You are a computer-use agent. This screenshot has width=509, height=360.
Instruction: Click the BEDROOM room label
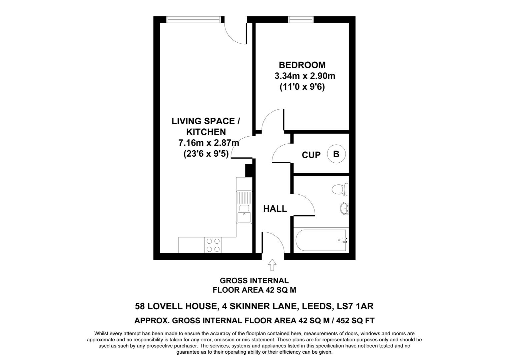(x=302, y=65)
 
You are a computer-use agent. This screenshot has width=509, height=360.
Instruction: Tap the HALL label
(x=275, y=209)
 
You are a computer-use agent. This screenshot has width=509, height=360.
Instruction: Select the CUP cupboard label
(x=311, y=155)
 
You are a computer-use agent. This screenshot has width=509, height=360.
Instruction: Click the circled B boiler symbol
(x=336, y=154)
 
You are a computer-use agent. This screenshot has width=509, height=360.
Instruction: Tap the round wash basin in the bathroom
(x=344, y=209)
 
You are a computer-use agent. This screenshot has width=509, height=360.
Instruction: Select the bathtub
(x=321, y=240)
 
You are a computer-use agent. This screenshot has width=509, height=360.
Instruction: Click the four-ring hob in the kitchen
(x=213, y=245)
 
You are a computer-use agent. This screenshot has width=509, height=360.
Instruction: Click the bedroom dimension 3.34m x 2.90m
(x=305, y=76)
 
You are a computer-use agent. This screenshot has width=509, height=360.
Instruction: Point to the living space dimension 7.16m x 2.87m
(x=209, y=143)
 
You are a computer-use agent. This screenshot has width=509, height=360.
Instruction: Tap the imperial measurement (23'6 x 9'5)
(x=206, y=154)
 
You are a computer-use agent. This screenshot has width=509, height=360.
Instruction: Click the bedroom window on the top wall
(x=301, y=20)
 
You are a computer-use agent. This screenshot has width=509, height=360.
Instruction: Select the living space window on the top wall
(x=194, y=20)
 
